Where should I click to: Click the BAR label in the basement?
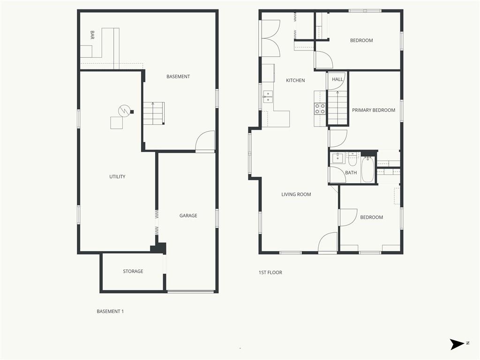coord(92,35)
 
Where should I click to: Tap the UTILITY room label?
coord(117,177)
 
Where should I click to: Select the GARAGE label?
coord(188,216)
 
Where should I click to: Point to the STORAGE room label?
coord(133,271)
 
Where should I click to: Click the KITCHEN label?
coord(295,81)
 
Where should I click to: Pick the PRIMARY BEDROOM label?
coord(374,110)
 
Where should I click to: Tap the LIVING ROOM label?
coord(296,195)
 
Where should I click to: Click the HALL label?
coord(337,79)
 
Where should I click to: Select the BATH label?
coord(351,172)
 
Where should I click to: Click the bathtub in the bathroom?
coord(367,170)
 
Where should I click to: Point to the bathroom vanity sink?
coord(338,158)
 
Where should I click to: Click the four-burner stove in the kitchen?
coord(320,109)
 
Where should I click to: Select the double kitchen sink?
coord(268,97)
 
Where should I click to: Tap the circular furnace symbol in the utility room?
coord(124,111)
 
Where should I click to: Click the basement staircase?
coord(154,113)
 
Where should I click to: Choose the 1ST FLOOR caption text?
coord(270,272)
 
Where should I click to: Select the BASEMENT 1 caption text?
coord(110,311)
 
